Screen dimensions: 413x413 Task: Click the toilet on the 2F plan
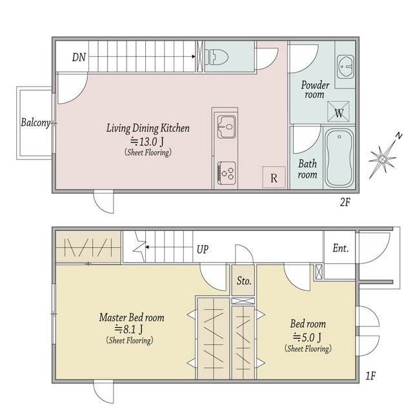(216, 57)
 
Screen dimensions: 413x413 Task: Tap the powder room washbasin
(345, 67)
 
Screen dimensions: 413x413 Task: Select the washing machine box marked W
(338, 112)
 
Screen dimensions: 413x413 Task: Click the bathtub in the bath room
(339, 157)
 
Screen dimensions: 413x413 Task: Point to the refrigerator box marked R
(274, 177)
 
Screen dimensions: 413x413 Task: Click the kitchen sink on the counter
(227, 126)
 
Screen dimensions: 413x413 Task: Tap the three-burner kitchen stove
(227, 174)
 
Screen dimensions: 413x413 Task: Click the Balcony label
(35, 123)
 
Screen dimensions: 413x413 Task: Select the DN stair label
(79, 57)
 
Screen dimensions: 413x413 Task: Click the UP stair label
(203, 249)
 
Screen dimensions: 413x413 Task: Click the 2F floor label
(345, 202)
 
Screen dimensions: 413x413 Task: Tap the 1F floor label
(370, 376)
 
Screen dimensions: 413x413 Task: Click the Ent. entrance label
(341, 248)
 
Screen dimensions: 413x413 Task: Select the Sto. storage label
(244, 281)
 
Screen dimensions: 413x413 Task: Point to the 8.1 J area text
(129, 329)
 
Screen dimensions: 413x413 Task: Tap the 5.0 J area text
(307, 337)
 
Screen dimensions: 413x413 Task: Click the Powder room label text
(315, 90)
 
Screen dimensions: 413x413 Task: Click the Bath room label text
(307, 169)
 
